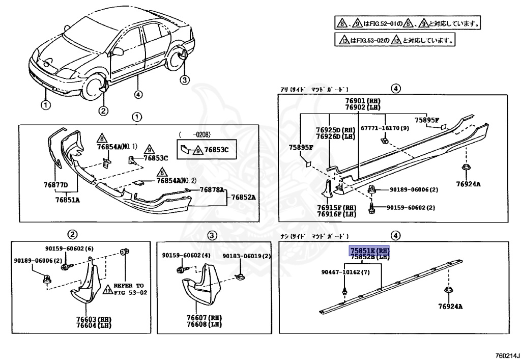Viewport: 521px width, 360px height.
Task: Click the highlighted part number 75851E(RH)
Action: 369,251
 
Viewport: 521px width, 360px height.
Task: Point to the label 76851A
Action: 68,200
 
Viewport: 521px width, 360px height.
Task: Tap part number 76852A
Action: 243,198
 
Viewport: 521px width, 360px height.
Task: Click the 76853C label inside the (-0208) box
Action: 217,150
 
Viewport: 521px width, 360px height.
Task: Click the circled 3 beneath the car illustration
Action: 184,79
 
